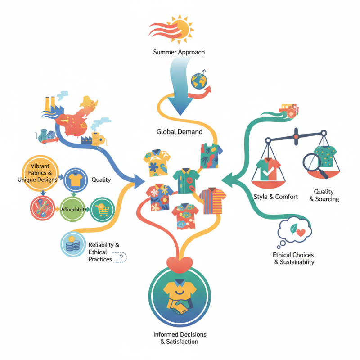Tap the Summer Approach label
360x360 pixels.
click(x=179, y=52)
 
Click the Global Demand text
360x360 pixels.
click(x=180, y=132)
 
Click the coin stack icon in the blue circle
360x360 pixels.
click(x=72, y=245)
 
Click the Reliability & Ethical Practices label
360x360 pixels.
click(x=104, y=252)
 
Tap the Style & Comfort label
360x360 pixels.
click(x=275, y=197)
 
